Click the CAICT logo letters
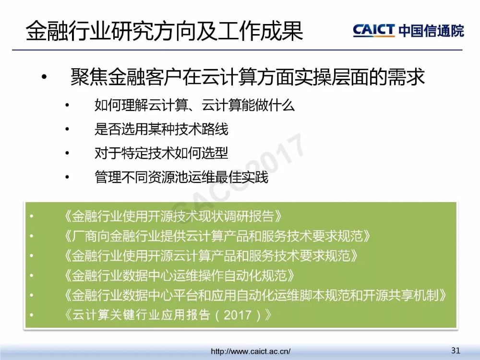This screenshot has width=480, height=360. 373,30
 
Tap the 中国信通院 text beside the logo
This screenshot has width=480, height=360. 432,31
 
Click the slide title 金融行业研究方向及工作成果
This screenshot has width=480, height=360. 164,31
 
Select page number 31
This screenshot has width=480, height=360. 456,350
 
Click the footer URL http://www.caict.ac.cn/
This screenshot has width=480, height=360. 251,351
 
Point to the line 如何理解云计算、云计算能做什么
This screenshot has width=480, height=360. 195,105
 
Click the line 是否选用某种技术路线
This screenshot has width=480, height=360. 161,129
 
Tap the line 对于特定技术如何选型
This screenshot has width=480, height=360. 161,153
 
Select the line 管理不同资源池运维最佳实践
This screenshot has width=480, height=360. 181,177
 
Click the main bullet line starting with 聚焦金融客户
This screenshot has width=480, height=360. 248,76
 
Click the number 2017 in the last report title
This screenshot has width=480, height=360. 238,315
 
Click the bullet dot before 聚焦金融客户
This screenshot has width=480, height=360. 44,77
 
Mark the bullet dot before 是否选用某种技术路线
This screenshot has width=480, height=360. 67,129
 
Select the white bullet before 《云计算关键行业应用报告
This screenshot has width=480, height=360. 31,315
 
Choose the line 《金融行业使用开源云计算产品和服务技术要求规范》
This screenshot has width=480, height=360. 211,256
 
